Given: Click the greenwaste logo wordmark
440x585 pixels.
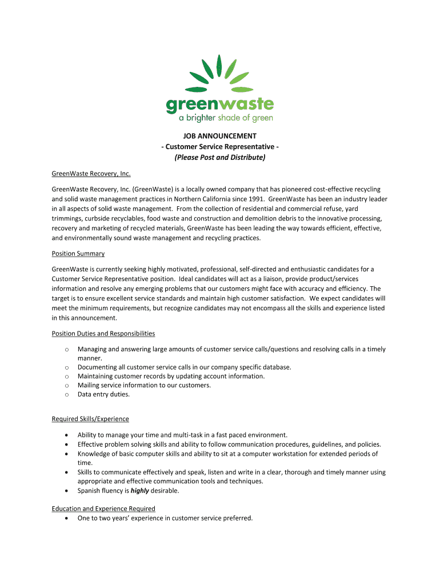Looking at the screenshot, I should [220, 105].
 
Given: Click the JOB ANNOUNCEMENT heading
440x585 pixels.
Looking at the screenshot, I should [220, 137].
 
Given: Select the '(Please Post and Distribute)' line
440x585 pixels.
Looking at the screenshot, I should [220, 157].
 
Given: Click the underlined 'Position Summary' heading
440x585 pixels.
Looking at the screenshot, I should [78, 254].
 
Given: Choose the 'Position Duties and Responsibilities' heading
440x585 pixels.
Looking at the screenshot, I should [103, 334].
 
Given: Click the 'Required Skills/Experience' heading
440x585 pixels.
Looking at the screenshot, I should [90, 419].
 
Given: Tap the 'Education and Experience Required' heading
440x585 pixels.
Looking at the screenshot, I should [103, 508].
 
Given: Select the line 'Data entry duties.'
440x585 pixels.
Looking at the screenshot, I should [104, 394].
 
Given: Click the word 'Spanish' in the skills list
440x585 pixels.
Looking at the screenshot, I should [89, 491].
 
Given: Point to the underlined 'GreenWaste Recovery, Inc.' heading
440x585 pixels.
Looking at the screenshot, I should [91, 174].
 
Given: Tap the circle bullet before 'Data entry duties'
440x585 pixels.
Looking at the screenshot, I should [67, 394].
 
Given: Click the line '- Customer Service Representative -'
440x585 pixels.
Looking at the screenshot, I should [220, 147].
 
